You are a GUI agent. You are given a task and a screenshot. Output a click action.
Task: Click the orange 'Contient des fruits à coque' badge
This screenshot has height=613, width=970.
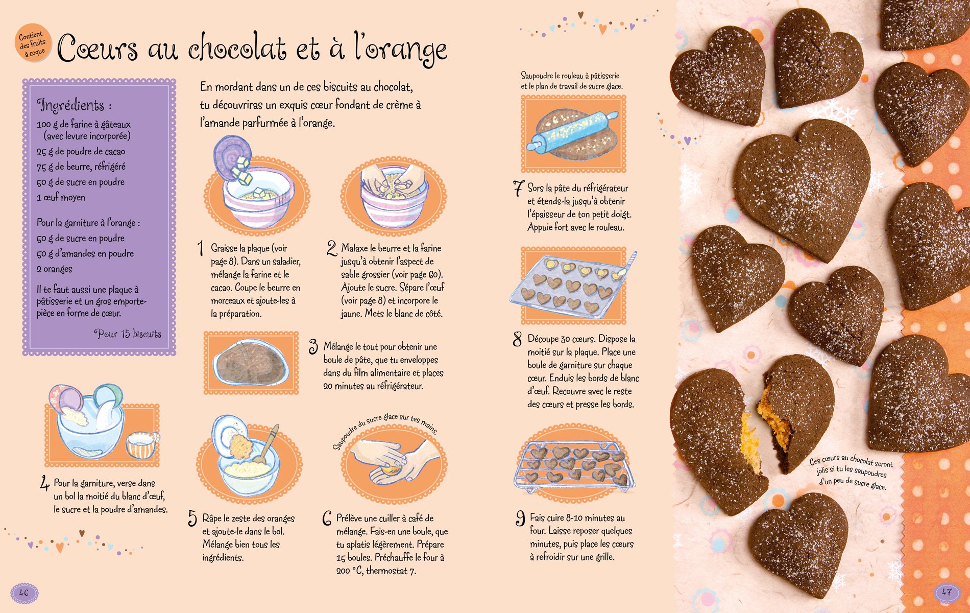point(33,44)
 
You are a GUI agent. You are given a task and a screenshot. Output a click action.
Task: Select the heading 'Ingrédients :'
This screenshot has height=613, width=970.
point(75,105)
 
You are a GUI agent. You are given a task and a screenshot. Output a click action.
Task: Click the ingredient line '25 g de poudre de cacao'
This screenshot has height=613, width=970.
point(81,151)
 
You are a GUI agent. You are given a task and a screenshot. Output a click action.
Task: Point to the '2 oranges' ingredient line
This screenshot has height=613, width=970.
point(54,269)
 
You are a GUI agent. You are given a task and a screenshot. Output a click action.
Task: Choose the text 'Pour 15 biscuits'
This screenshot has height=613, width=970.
point(128,334)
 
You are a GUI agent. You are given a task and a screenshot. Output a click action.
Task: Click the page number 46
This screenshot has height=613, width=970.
point(24,593)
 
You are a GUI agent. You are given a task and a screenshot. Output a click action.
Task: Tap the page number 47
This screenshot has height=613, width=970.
point(947,593)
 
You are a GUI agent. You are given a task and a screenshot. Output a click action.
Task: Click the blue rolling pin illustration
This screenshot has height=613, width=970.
point(572,130)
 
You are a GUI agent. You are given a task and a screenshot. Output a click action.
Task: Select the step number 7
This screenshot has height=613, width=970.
point(518,188)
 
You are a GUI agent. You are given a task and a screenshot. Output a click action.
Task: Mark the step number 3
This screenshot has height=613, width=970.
point(313,346)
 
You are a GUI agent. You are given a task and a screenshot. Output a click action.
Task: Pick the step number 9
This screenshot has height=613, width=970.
point(520,518)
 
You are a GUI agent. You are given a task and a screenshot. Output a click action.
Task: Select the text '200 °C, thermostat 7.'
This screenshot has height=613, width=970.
point(376,571)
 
